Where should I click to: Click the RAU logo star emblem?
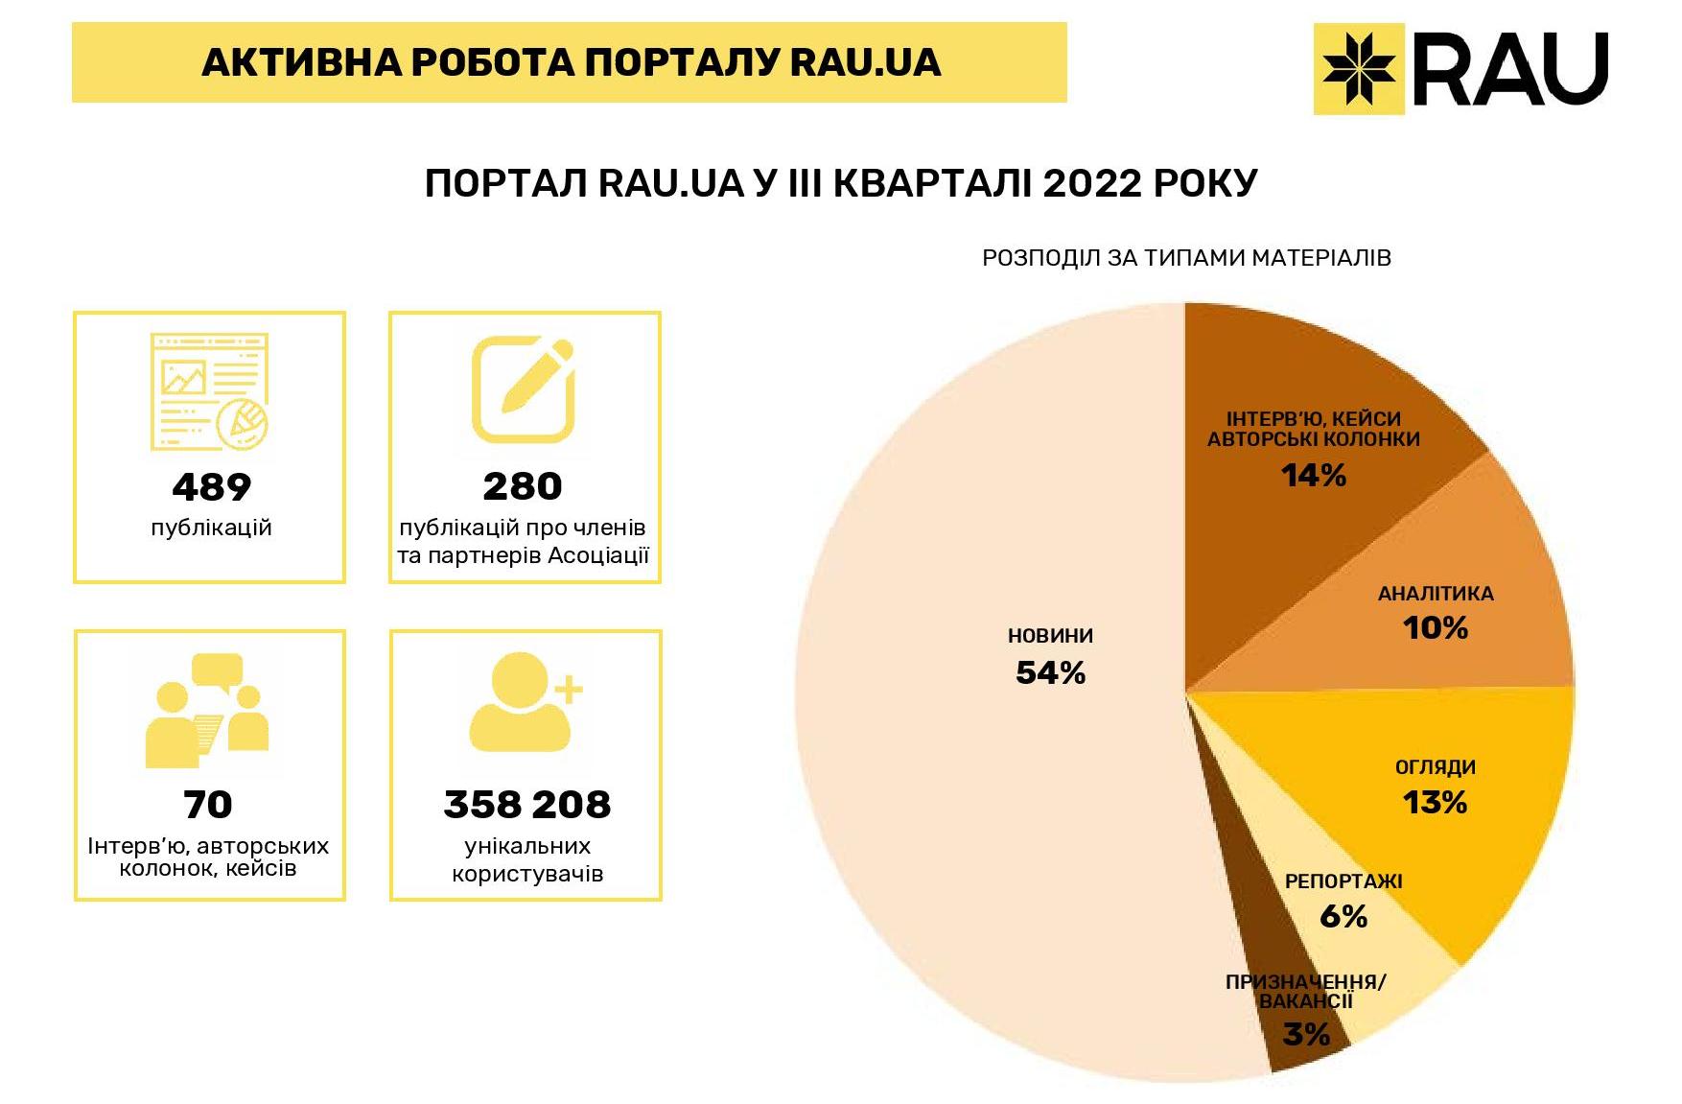(x=1359, y=69)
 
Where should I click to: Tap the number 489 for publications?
(x=211, y=487)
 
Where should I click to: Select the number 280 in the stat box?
(x=523, y=487)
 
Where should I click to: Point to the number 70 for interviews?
(x=208, y=805)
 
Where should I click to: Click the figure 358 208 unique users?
(x=526, y=805)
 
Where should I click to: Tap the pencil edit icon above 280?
(x=524, y=388)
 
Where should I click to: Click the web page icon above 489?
(x=209, y=391)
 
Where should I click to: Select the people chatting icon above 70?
(x=207, y=710)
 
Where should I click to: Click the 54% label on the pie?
(x=1050, y=673)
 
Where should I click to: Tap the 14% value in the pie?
(x=1314, y=475)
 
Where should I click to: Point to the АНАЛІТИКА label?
(x=1436, y=594)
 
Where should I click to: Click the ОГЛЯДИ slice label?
(x=1435, y=767)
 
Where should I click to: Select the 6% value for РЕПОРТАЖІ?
(x=1343, y=917)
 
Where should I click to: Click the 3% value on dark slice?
(x=1306, y=1035)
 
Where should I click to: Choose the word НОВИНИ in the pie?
(x=1050, y=636)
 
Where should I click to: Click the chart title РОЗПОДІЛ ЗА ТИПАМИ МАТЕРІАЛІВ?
(x=1186, y=258)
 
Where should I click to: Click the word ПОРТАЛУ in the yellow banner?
(x=683, y=62)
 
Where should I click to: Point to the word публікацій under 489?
(x=211, y=528)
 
